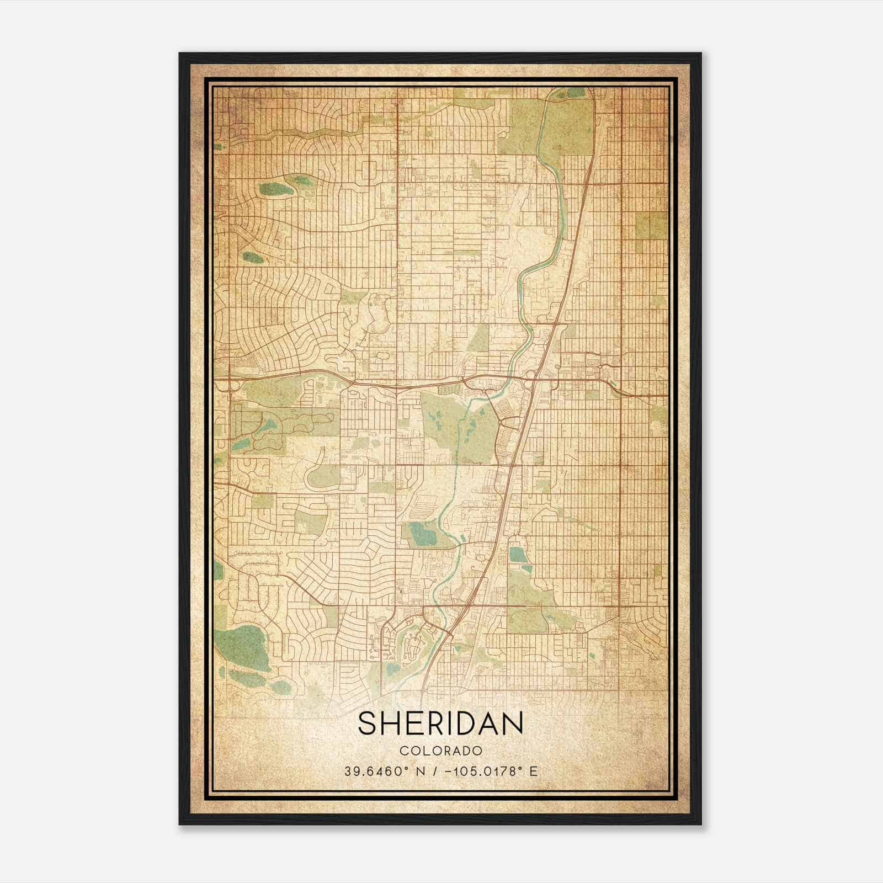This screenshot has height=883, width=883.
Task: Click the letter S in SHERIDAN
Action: [369, 724]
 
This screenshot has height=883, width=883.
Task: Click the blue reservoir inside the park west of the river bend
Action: [424, 532]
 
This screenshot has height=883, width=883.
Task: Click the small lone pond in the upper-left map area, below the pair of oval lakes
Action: [253, 257]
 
